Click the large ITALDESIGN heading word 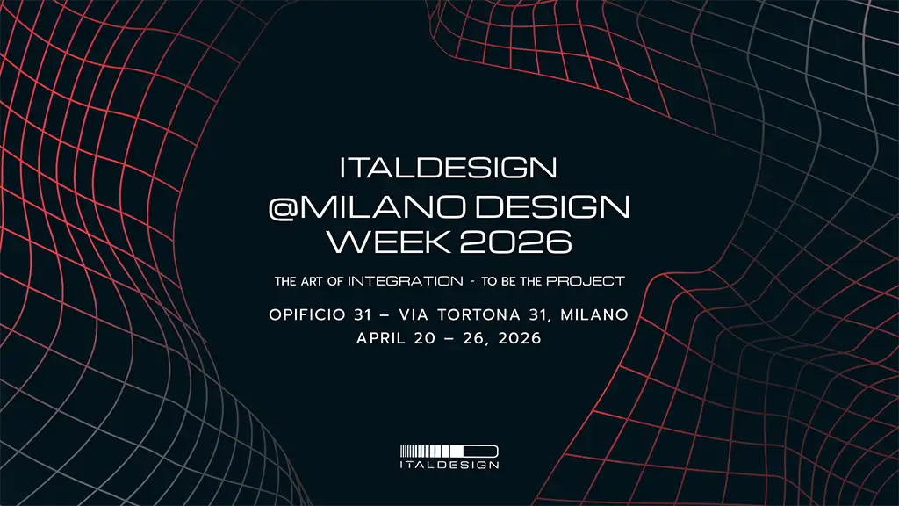[448, 168]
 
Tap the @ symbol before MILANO [282, 207]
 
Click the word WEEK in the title [388, 242]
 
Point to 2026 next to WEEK [516, 242]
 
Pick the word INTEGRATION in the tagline [406, 281]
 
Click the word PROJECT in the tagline [585, 281]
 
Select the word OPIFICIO [307, 314]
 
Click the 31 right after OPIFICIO [363, 314]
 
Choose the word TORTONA [478, 314]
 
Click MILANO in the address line [594, 314]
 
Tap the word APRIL [381, 338]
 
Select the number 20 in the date [425, 338]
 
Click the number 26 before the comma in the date [474, 338]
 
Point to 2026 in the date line [520, 338]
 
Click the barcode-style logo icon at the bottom [449, 451]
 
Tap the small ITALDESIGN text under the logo [449, 465]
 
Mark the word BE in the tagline [508, 281]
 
